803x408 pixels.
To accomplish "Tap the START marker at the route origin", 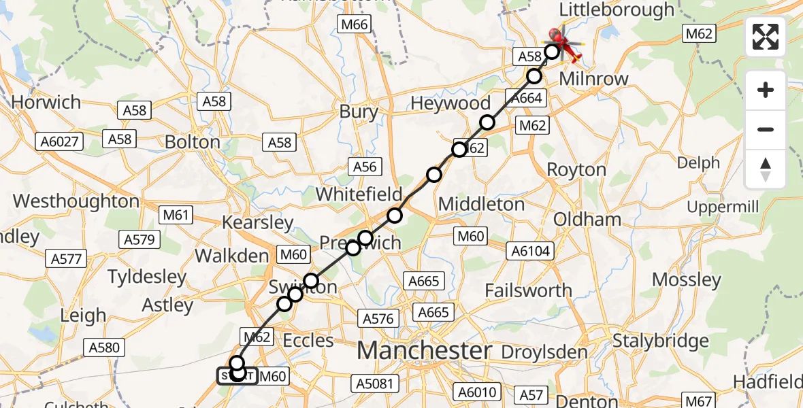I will (x=237, y=375).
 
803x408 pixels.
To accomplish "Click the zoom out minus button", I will (x=766, y=129).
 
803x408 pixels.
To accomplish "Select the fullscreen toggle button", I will (x=766, y=37).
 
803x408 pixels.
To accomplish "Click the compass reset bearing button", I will (x=766, y=169).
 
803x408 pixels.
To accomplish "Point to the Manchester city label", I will (x=424, y=351).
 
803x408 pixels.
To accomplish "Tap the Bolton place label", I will (x=193, y=142).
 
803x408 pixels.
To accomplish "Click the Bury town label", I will (x=359, y=112).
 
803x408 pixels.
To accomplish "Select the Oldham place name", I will (x=578, y=219).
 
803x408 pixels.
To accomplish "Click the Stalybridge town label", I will (x=661, y=341).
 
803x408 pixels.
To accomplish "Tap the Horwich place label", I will (x=46, y=103).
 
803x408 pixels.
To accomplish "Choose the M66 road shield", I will (x=353, y=25).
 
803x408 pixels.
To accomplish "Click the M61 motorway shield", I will (x=176, y=216).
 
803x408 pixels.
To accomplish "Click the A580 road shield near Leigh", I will (x=104, y=347).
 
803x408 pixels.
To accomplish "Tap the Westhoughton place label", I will (x=76, y=201).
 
